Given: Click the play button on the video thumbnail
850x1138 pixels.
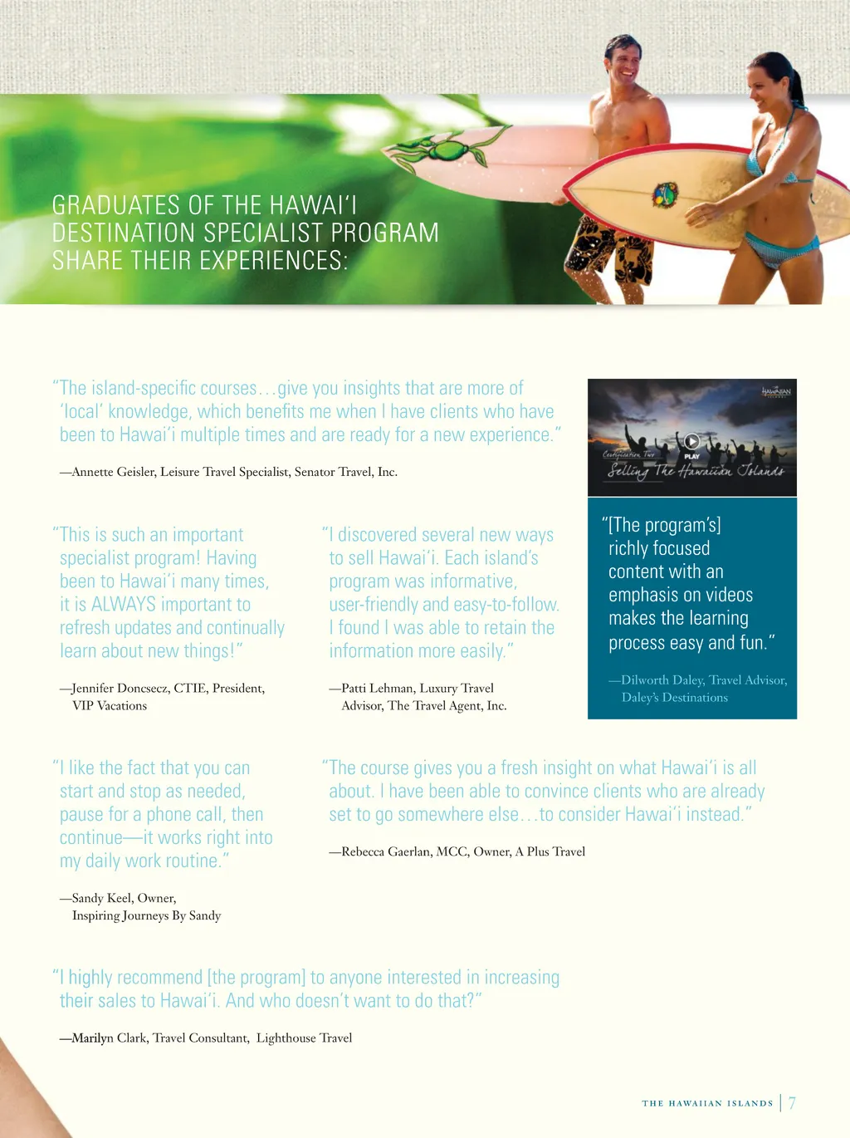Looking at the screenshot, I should tap(691, 441).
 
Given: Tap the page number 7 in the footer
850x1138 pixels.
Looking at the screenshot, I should tap(792, 1103).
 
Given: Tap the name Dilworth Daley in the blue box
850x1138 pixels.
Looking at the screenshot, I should tap(662, 679).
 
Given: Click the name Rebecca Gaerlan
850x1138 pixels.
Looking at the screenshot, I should tap(387, 851).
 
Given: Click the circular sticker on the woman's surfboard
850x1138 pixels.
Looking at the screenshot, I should tap(665, 195).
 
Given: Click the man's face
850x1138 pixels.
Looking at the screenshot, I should tap(625, 63).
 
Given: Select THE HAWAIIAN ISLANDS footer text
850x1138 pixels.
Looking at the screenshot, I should tap(707, 1103).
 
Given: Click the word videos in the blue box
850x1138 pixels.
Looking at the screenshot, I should tap(727, 595).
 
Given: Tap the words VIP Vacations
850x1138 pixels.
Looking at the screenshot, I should tap(110, 705).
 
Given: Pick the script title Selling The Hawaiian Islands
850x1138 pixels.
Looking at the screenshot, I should tap(695, 471).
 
